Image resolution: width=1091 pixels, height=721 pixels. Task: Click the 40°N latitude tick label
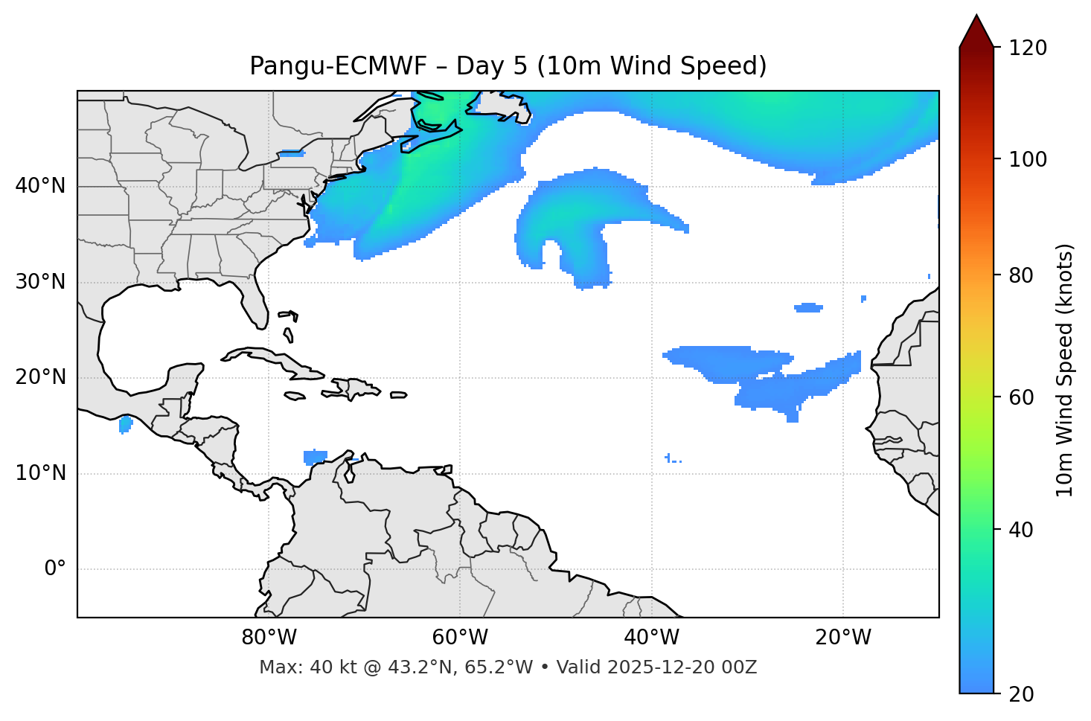(40, 186)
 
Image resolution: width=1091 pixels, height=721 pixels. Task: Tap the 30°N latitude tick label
(40, 282)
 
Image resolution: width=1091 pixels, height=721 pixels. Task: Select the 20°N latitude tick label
(40, 377)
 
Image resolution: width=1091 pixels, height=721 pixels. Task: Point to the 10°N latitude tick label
(40, 473)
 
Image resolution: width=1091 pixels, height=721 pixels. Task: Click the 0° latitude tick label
(55, 569)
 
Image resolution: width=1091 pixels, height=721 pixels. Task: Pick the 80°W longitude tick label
(269, 638)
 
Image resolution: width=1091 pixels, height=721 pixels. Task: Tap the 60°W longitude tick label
(460, 638)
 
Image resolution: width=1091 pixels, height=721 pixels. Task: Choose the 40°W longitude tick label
(652, 638)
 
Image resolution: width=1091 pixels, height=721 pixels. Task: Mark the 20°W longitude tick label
(843, 638)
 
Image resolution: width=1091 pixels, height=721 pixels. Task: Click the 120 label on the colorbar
(1028, 48)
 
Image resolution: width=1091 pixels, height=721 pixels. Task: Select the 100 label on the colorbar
(1028, 159)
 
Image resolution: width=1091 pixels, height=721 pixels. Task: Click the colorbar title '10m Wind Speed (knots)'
(1065, 370)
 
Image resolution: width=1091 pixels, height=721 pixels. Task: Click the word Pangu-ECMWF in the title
(338, 66)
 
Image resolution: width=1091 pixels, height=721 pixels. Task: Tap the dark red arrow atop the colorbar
(976, 32)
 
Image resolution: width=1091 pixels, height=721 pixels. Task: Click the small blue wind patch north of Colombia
(316, 456)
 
